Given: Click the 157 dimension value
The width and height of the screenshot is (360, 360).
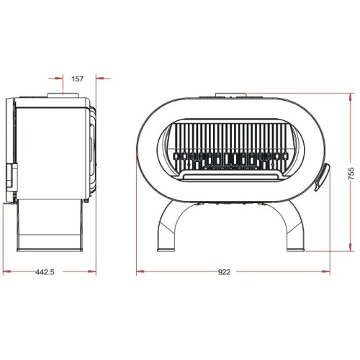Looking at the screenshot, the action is [78, 78].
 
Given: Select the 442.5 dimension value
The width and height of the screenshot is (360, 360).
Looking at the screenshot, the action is [45, 272].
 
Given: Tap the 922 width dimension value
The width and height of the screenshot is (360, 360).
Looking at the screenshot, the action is [225, 272].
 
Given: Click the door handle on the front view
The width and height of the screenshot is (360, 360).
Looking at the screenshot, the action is [322, 176].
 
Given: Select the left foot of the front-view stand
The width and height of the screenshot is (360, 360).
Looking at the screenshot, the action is [166, 249].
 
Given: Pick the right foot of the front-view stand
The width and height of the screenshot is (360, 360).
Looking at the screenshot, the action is [295, 249].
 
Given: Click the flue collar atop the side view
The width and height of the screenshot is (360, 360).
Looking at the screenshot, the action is [63, 96].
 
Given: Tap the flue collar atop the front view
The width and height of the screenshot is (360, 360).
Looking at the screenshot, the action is [231, 95].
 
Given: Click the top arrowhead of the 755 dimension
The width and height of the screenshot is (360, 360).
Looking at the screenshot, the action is [351, 97].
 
